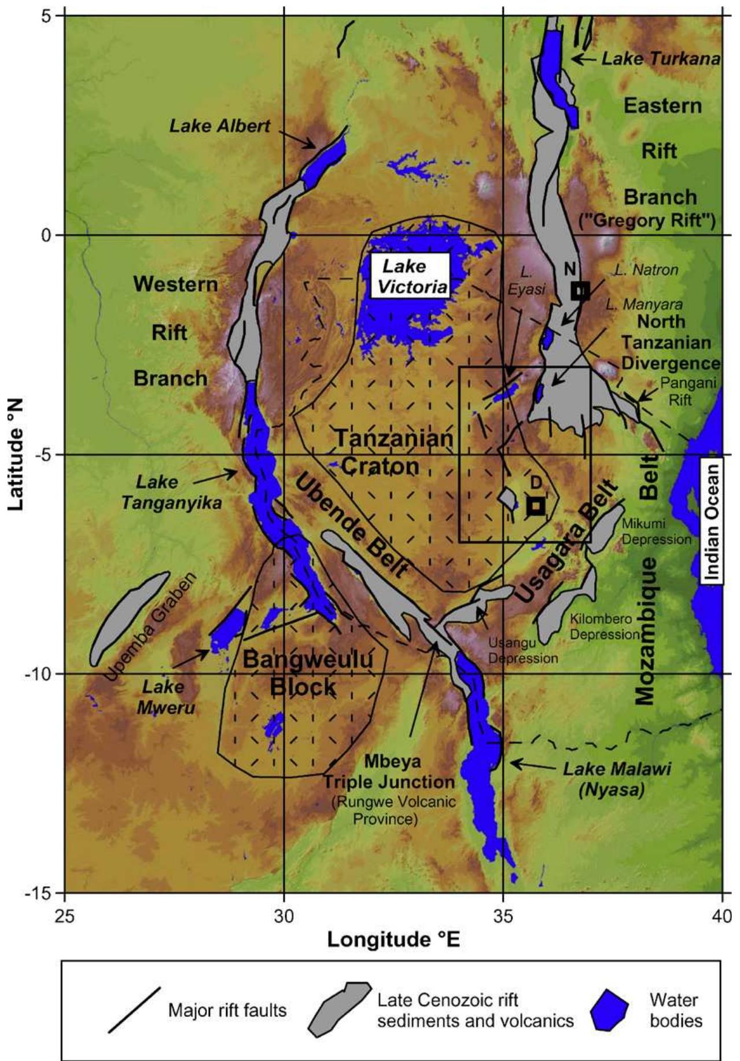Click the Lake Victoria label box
click(411, 276)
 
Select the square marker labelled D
click(536, 505)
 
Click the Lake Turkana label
click(661, 58)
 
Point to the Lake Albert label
click(219, 126)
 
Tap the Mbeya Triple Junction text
click(388, 772)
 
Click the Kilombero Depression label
click(604, 626)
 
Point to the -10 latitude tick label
click(42, 674)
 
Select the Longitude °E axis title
click(393, 939)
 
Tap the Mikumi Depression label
click(656, 531)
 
